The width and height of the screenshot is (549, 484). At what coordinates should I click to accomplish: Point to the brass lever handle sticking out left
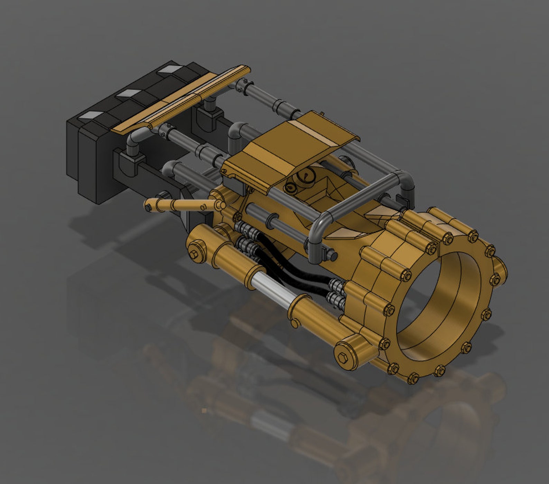[x=180, y=205]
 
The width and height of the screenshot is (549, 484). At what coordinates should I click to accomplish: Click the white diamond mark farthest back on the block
[x=168, y=70]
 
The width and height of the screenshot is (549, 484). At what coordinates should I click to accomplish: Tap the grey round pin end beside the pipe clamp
[x=333, y=256]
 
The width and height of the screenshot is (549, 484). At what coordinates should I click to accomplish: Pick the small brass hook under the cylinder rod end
[x=294, y=322]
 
